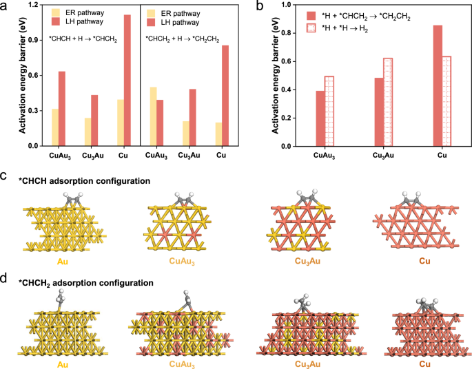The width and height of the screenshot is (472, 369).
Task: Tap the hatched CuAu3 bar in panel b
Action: tap(329, 111)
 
